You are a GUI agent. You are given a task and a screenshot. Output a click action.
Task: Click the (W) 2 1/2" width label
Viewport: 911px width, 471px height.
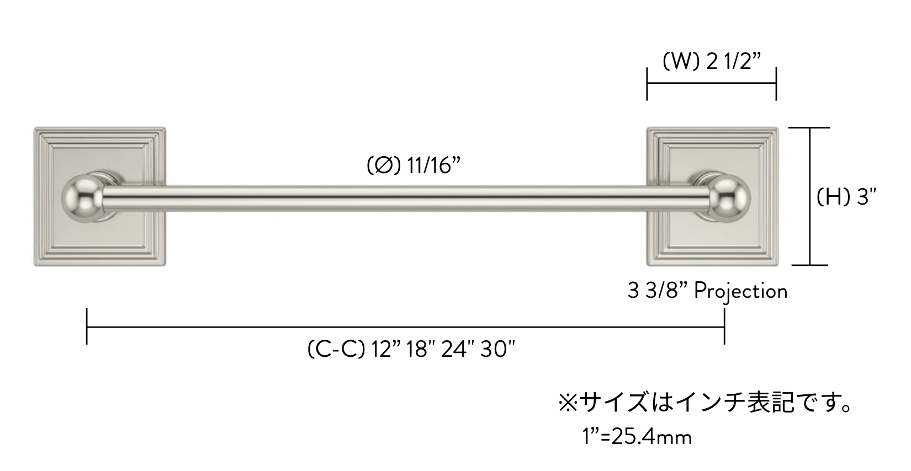[711, 62]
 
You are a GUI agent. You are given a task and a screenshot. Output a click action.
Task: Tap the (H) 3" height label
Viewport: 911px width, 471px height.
[846, 197]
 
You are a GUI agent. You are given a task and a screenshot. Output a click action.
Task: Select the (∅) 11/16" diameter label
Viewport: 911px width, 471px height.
[413, 166]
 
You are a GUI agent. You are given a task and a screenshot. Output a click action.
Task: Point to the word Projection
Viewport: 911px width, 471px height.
[740, 292]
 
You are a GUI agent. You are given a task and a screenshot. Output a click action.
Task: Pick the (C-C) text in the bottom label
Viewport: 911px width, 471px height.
[336, 349]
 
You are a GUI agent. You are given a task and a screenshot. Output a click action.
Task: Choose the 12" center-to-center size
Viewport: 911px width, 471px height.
[386, 349]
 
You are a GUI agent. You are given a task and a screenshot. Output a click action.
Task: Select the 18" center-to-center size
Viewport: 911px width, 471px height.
[421, 349]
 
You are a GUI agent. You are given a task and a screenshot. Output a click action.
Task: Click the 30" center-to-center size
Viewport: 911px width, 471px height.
[497, 349]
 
